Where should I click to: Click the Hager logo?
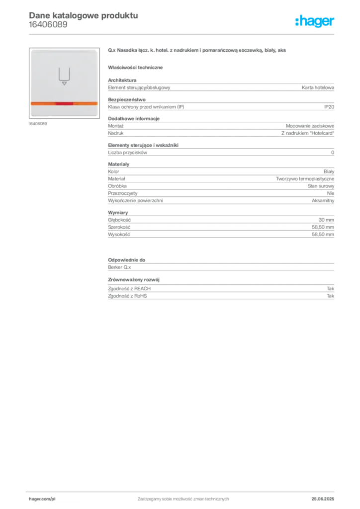(314, 21)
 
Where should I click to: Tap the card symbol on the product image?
(64, 77)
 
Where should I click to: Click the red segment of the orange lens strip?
(64, 103)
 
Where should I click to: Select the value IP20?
(329, 107)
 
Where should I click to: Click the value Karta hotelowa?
(318, 87)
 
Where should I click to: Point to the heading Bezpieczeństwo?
(127, 99)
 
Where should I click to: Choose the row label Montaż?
(116, 126)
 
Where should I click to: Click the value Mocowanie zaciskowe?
(310, 126)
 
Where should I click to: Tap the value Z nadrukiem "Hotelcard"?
(308, 133)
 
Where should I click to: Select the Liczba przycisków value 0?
(333, 153)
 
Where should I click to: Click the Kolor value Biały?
(329, 171)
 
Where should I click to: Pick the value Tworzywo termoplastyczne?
(305, 179)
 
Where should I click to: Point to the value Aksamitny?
(323, 201)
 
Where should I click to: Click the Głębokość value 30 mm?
(326, 220)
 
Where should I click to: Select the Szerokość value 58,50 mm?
(323, 227)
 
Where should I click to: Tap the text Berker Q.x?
(119, 267)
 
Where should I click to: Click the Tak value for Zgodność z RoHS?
(331, 296)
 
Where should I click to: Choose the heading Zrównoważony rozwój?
(134, 279)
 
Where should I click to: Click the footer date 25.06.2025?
(323, 499)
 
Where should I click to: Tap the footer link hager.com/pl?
(42, 499)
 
